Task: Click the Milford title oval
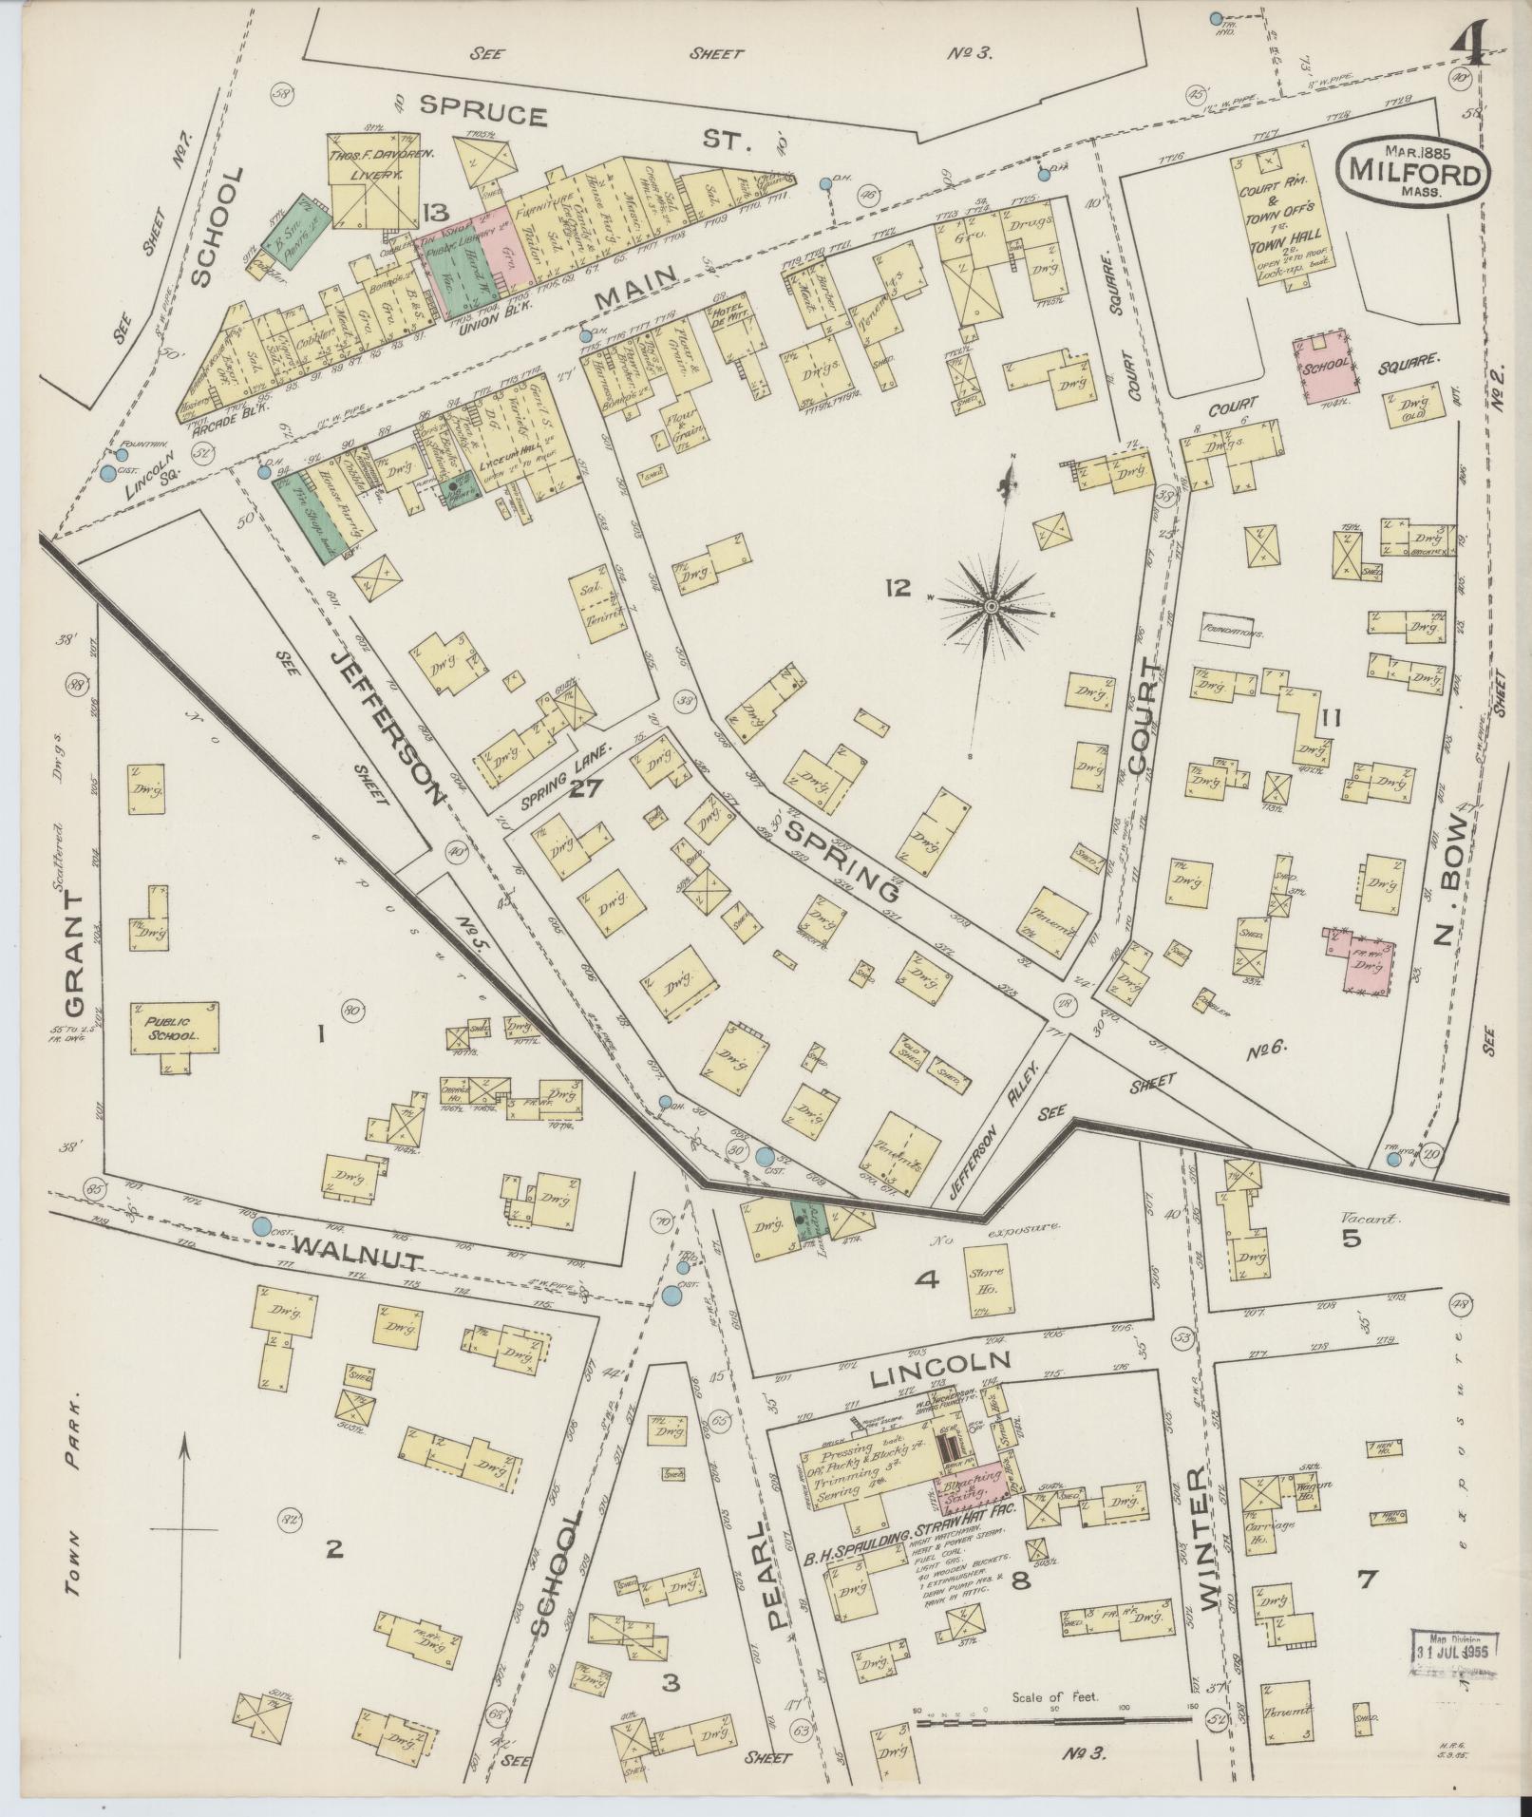1412,171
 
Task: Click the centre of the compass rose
991,605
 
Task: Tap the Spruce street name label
484,113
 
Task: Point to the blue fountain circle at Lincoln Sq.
109,472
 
